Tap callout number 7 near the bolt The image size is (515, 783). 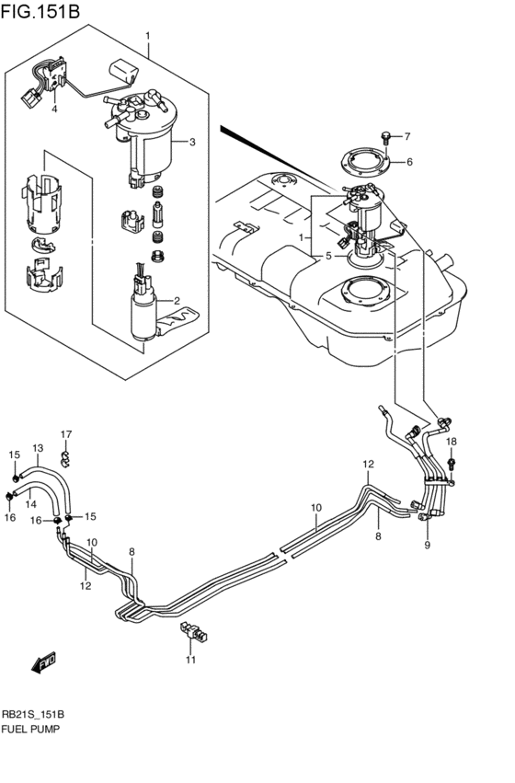[409, 137]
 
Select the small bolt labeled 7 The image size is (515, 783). [390, 139]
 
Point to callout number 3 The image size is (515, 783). [192, 142]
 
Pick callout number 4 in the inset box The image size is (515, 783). [54, 109]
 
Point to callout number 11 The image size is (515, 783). [191, 660]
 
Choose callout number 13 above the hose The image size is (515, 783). [38, 448]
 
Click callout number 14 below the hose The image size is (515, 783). [30, 503]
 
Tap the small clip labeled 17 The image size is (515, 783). [66, 454]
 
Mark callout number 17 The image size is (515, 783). [66, 433]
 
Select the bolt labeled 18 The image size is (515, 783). [452, 461]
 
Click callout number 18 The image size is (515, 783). [452, 443]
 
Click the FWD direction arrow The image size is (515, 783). [41, 662]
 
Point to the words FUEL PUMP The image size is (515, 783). [31, 728]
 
